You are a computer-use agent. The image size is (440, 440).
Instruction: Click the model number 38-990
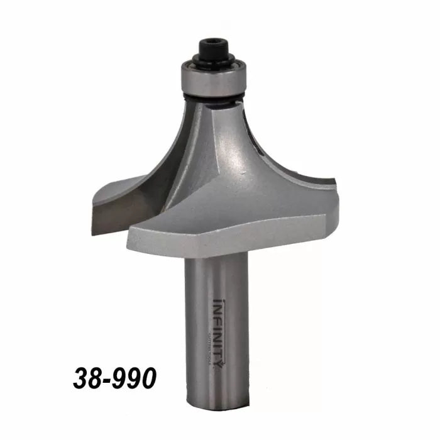click(114, 379)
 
